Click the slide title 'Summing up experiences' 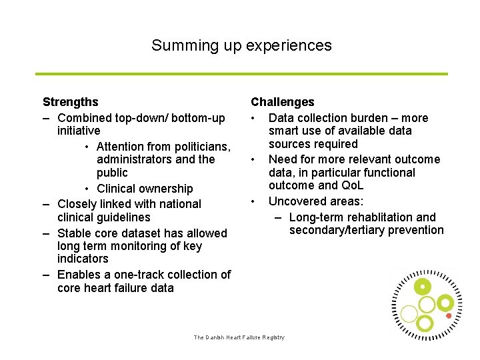(x=241, y=45)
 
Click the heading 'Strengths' (x=70, y=102)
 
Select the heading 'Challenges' (x=282, y=102)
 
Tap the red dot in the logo (x=449, y=315)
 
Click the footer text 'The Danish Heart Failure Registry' (x=239, y=337)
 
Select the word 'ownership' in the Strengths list (x=167, y=189)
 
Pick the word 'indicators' (x=83, y=259)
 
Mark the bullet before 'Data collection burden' (x=253, y=118)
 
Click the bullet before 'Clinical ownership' (x=88, y=189)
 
